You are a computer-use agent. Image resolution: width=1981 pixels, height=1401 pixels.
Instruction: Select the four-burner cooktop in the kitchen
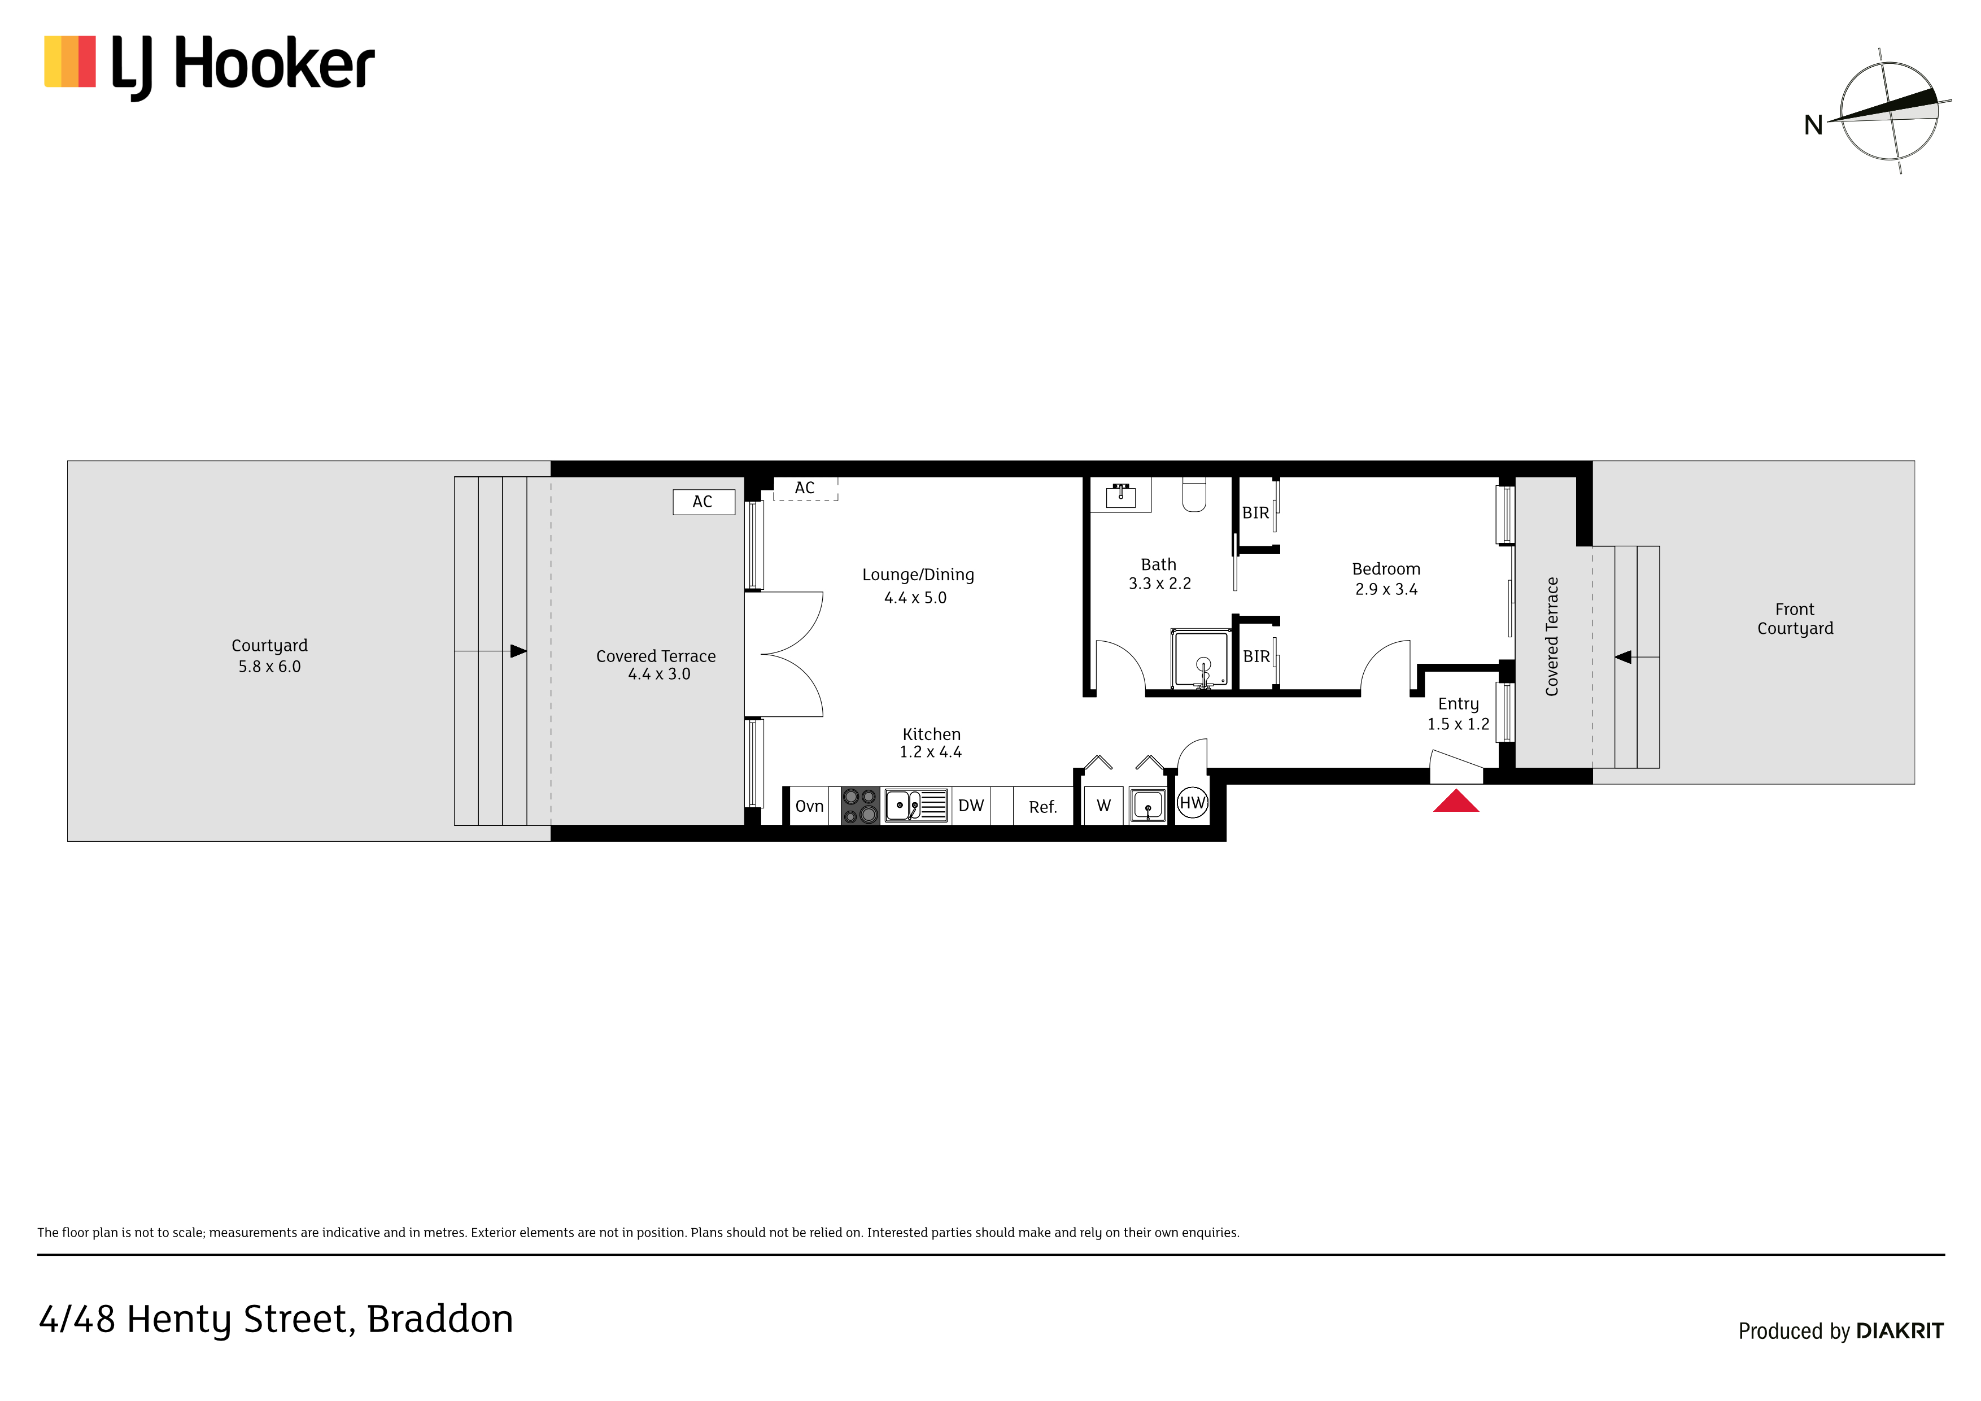coord(859,806)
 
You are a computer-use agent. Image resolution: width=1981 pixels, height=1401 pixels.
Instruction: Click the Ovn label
coord(809,806)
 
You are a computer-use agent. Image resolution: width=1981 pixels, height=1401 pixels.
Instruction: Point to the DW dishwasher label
coord(971,806)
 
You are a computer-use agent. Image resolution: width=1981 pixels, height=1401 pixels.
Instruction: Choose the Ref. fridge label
coord(1042,807)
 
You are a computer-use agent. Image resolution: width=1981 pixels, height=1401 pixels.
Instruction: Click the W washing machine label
coord(1103,806)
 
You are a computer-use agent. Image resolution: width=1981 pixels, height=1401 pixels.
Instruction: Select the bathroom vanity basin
coord(1121,495)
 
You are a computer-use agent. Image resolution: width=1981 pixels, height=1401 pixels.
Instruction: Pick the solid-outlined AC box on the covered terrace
coord(703,502)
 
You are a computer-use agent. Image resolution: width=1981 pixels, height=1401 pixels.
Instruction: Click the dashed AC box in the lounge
coord(805,489)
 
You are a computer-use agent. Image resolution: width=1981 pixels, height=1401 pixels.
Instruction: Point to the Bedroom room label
coord(1386,569)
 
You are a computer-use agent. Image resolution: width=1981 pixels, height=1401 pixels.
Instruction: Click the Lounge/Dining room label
coord(918,575)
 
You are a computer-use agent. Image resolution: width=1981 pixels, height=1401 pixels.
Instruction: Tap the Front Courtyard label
coord(1796,619)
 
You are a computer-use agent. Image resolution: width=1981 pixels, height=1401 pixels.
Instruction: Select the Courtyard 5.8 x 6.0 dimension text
coord(269,667)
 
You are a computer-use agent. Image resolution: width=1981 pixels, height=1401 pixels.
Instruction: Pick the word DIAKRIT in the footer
coord(1900,1331)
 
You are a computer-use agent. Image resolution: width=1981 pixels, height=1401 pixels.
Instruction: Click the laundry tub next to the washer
coord(1147,806)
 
